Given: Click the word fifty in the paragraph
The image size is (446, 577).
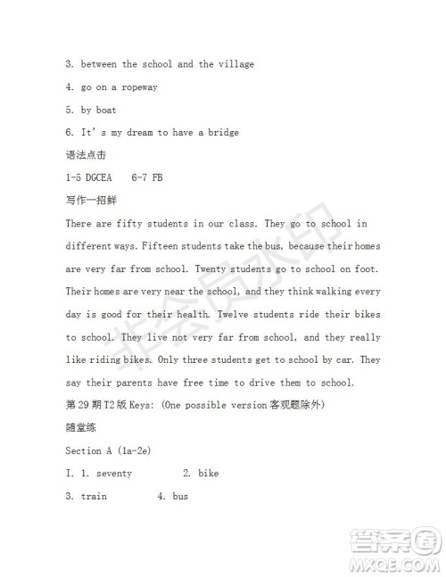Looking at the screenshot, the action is point(144,224).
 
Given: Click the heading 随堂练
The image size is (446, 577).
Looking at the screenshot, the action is point(78,428).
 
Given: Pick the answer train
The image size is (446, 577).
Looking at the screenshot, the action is point(95,497).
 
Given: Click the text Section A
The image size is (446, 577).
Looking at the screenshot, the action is point(89,451).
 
